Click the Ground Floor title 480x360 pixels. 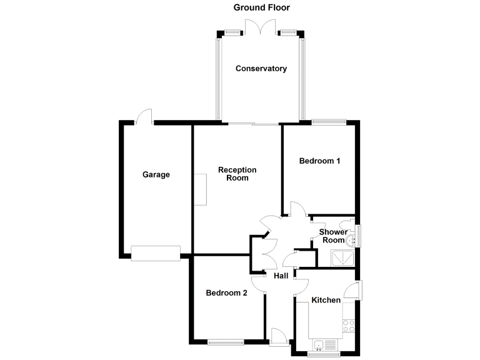pyautogui.click(x=261, y=7)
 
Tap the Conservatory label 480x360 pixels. pyautogui.click(x=261, y=69)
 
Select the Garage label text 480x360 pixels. pyautogui.click(x=156, y=175)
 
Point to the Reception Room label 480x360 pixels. pyautogui.click(x=237, y=174)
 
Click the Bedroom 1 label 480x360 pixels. pyautogui.click(x=319, y=161)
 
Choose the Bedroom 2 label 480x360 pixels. pyautogui.click(x=227, y=292)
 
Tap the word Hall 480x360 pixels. pyautogui.click(x=281, y=276)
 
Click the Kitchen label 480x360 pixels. pyautogui.click(x=326, y=301)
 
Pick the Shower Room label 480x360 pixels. pyautogui.click(x=333, y=236)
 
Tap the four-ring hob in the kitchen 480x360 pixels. pyautogui.click(x=348, y=326)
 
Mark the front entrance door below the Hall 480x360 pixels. pyautogui.click(x=279, y=336)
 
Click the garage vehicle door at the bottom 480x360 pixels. pyautogui.click(x=156, y=252)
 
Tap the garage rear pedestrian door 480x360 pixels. pyautogui.click(x=144, y=116)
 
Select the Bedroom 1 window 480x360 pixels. pyautogui.click(x=329, y=122)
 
